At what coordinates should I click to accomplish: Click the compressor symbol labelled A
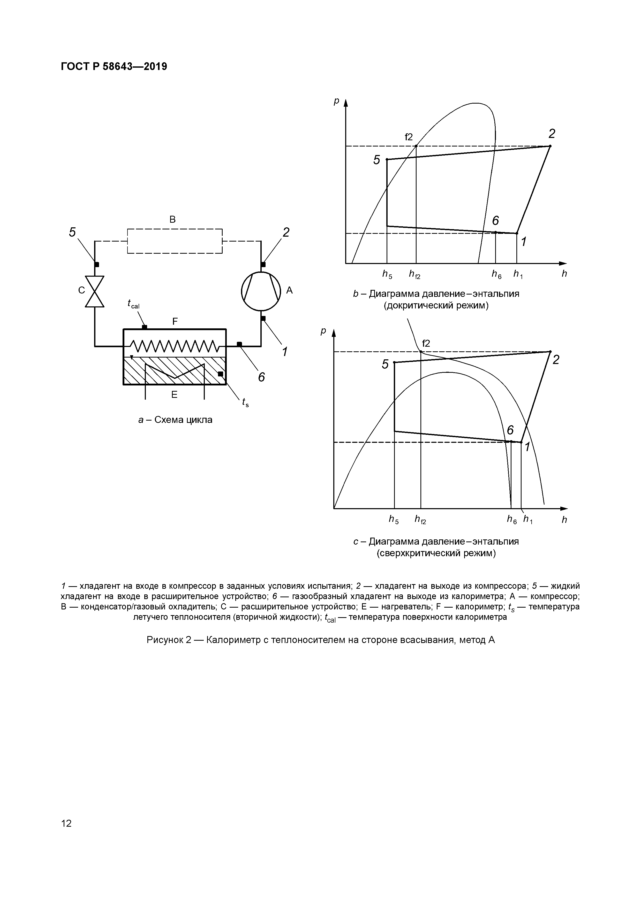click(x=261, y=291)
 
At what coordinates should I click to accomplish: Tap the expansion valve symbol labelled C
click(x=95, y=291)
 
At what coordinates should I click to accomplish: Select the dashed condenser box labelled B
click(x=175, y=241)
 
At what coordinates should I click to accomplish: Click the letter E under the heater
click(x=174, y=394)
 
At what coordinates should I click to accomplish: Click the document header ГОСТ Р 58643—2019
click(x=114, y=67)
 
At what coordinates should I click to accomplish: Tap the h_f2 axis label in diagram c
click(x=420, y=520)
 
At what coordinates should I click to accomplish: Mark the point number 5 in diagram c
click(x=385, y=364)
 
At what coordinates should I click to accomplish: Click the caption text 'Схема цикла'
click(x=183, y=420)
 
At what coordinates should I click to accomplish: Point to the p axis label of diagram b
click(x=336, y=101)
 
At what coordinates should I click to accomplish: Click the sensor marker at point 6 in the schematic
click(x=239, y=344)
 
